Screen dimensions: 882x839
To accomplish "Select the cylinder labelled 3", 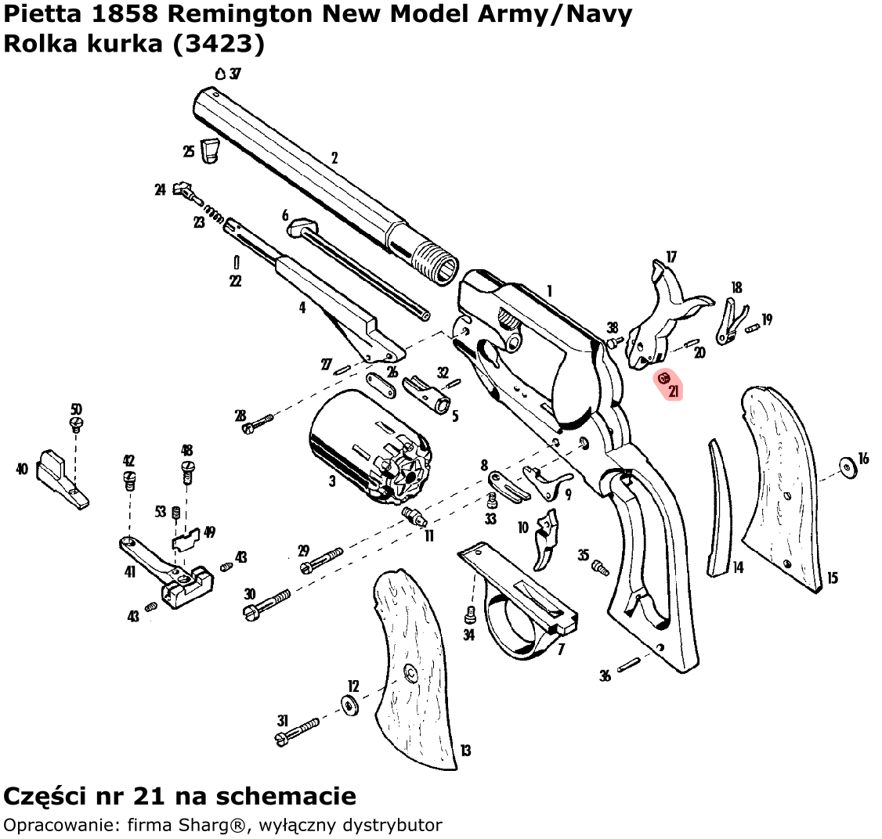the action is click(371, 445).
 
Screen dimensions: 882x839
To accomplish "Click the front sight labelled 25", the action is click(209, 149).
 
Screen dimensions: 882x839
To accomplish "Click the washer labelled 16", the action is click(848, 467).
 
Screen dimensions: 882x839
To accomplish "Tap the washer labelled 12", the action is click(350, 705).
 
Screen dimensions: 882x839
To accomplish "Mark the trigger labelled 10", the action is click(547, 539).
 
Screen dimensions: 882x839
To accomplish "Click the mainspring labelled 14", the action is click(720, 508).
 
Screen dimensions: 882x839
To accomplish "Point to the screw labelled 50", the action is click(77, 423).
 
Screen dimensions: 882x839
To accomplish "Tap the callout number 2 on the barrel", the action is click(334, 158).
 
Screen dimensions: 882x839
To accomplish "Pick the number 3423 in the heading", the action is click(219, 43).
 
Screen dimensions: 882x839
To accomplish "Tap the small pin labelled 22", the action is click(237, 262).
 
